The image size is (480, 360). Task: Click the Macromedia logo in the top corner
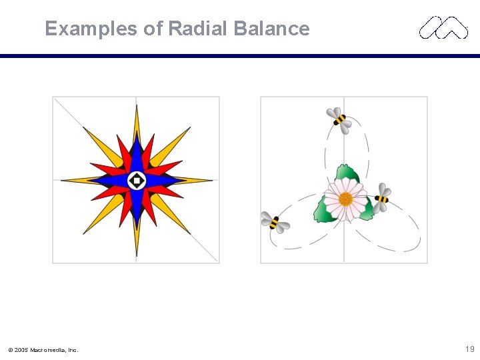click(x=443, y=27)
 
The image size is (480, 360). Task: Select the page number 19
click(x=469, y=349)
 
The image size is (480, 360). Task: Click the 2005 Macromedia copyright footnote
click(x=43, y=349)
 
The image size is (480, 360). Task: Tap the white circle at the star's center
click(x=137, y=180)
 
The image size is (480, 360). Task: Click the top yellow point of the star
click(x=137, y=120)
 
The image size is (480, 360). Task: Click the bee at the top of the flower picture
click(x=339, y=119)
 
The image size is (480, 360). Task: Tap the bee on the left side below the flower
click(x=274, y=223)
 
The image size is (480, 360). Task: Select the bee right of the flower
click(x=382, y=198)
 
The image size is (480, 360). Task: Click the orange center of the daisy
click(x=345, y=199)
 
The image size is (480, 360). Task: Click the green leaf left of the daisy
click(x=323, y=211)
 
